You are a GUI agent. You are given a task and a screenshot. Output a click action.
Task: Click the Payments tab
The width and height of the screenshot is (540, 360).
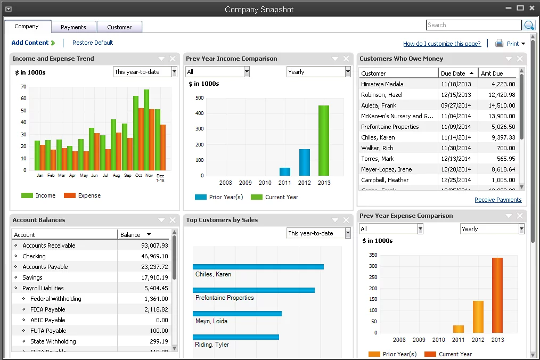pos(73,27)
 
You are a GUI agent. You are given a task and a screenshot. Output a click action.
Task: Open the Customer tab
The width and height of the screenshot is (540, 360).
pos(119,27)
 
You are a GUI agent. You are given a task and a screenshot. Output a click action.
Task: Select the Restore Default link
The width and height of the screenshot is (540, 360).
pos(93,43)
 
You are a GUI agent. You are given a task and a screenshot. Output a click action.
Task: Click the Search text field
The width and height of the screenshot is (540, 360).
pos(473,25)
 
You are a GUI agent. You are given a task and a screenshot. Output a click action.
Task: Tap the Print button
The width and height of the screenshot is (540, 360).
pos(510,44)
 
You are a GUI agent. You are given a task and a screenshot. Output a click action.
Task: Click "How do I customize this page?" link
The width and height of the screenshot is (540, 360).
pos(441,44)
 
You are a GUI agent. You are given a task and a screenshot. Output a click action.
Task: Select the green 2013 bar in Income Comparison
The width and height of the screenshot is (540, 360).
pos(324,141)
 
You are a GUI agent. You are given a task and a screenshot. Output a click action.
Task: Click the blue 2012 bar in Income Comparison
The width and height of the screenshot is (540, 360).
pos(305,162)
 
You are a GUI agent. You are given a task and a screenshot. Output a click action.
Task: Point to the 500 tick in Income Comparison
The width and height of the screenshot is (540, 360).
pos(200,98)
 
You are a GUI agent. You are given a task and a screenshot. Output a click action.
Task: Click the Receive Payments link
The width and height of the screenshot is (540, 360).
pos(498,200)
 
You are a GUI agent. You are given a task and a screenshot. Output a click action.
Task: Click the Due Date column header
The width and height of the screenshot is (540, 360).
pos(453,73)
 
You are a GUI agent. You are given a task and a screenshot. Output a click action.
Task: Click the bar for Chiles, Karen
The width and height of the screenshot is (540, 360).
pos(258,267)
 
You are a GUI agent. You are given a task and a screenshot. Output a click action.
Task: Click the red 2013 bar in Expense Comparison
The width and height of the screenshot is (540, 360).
pos(497,296)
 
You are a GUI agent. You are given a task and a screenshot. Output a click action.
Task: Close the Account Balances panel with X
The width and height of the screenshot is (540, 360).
pos(173,220)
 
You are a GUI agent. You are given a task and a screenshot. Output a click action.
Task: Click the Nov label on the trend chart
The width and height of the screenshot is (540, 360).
pos(149,175)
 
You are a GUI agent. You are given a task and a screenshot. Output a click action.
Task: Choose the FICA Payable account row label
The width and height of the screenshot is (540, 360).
pos(47,309)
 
